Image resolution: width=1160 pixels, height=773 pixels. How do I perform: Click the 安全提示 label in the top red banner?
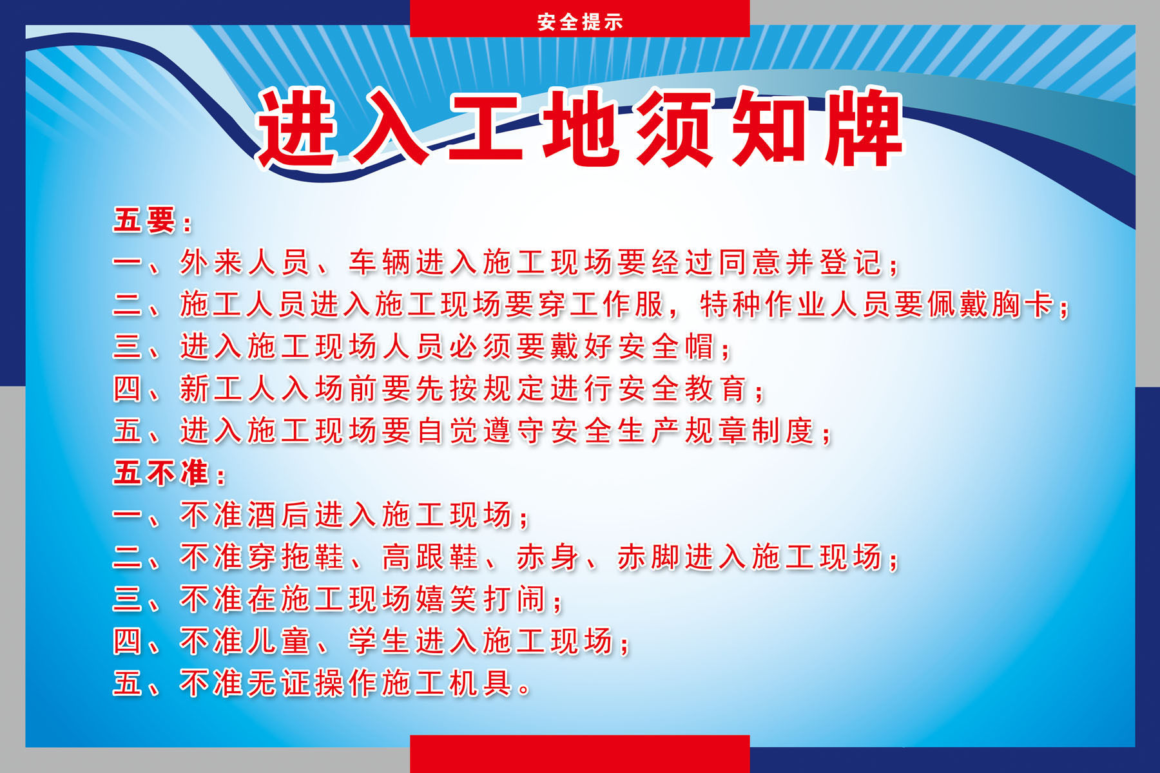tap(580, 21)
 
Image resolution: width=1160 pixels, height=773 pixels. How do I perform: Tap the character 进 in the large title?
tap(298, 128)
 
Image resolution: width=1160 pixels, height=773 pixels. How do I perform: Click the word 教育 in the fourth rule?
tap(716, 388)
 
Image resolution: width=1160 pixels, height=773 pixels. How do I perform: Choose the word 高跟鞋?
tap(430, 557)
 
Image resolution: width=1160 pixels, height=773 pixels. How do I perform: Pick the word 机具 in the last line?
tap(481, 683)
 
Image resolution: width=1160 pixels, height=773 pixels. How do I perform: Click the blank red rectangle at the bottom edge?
tap(580, 754)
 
